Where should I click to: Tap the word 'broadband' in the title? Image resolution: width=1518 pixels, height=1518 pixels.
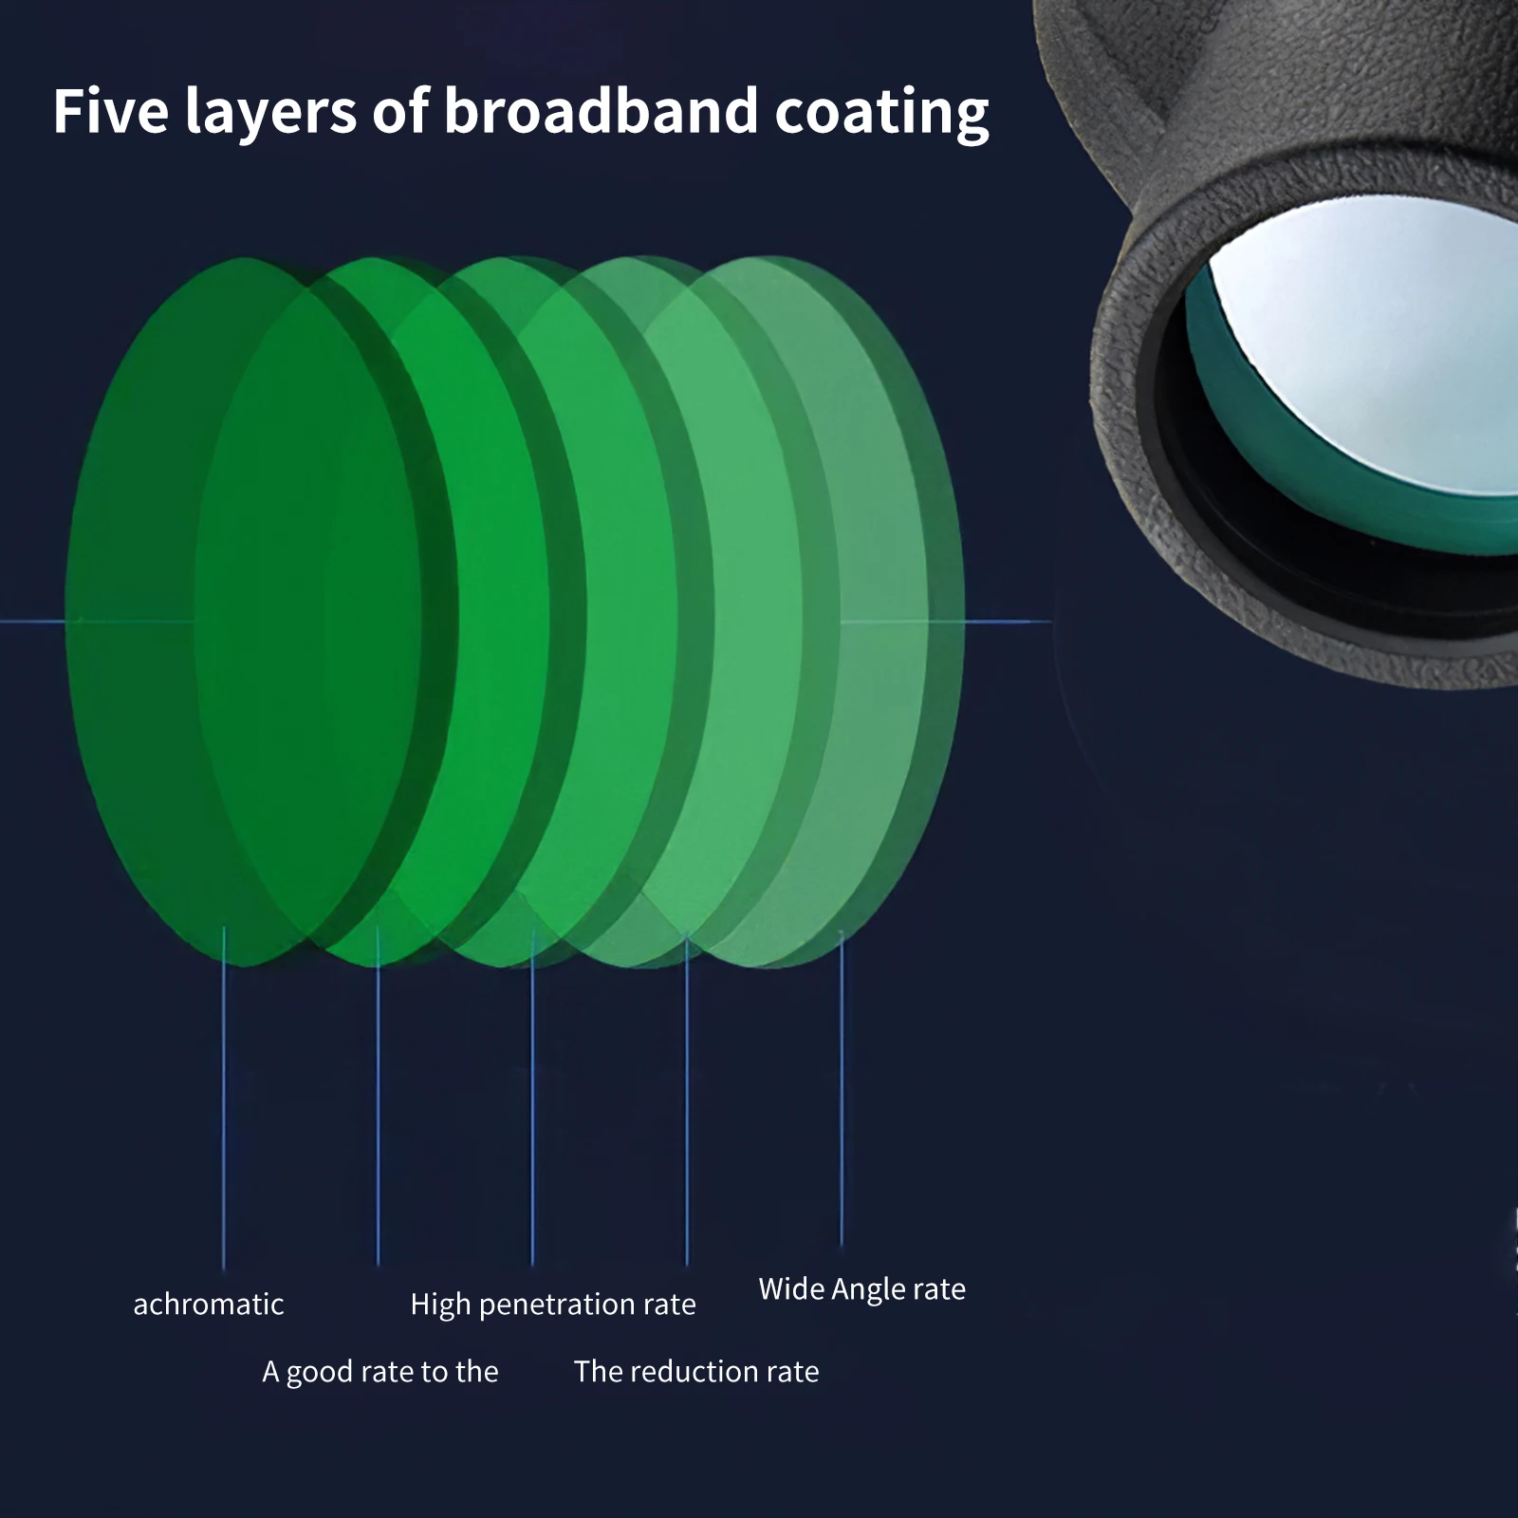(601, 111)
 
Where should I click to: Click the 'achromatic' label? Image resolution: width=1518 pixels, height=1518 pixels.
(209, 1305)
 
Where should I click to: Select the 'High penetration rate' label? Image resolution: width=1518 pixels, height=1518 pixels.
(553, 1305)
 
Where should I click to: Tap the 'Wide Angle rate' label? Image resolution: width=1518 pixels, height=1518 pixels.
(861, 1289)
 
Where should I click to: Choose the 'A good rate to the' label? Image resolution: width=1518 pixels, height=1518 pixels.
(379, 1372)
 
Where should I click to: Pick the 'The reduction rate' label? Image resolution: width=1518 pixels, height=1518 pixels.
(696, 1372)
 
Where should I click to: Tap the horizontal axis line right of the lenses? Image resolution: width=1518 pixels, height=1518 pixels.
(1006, 622)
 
